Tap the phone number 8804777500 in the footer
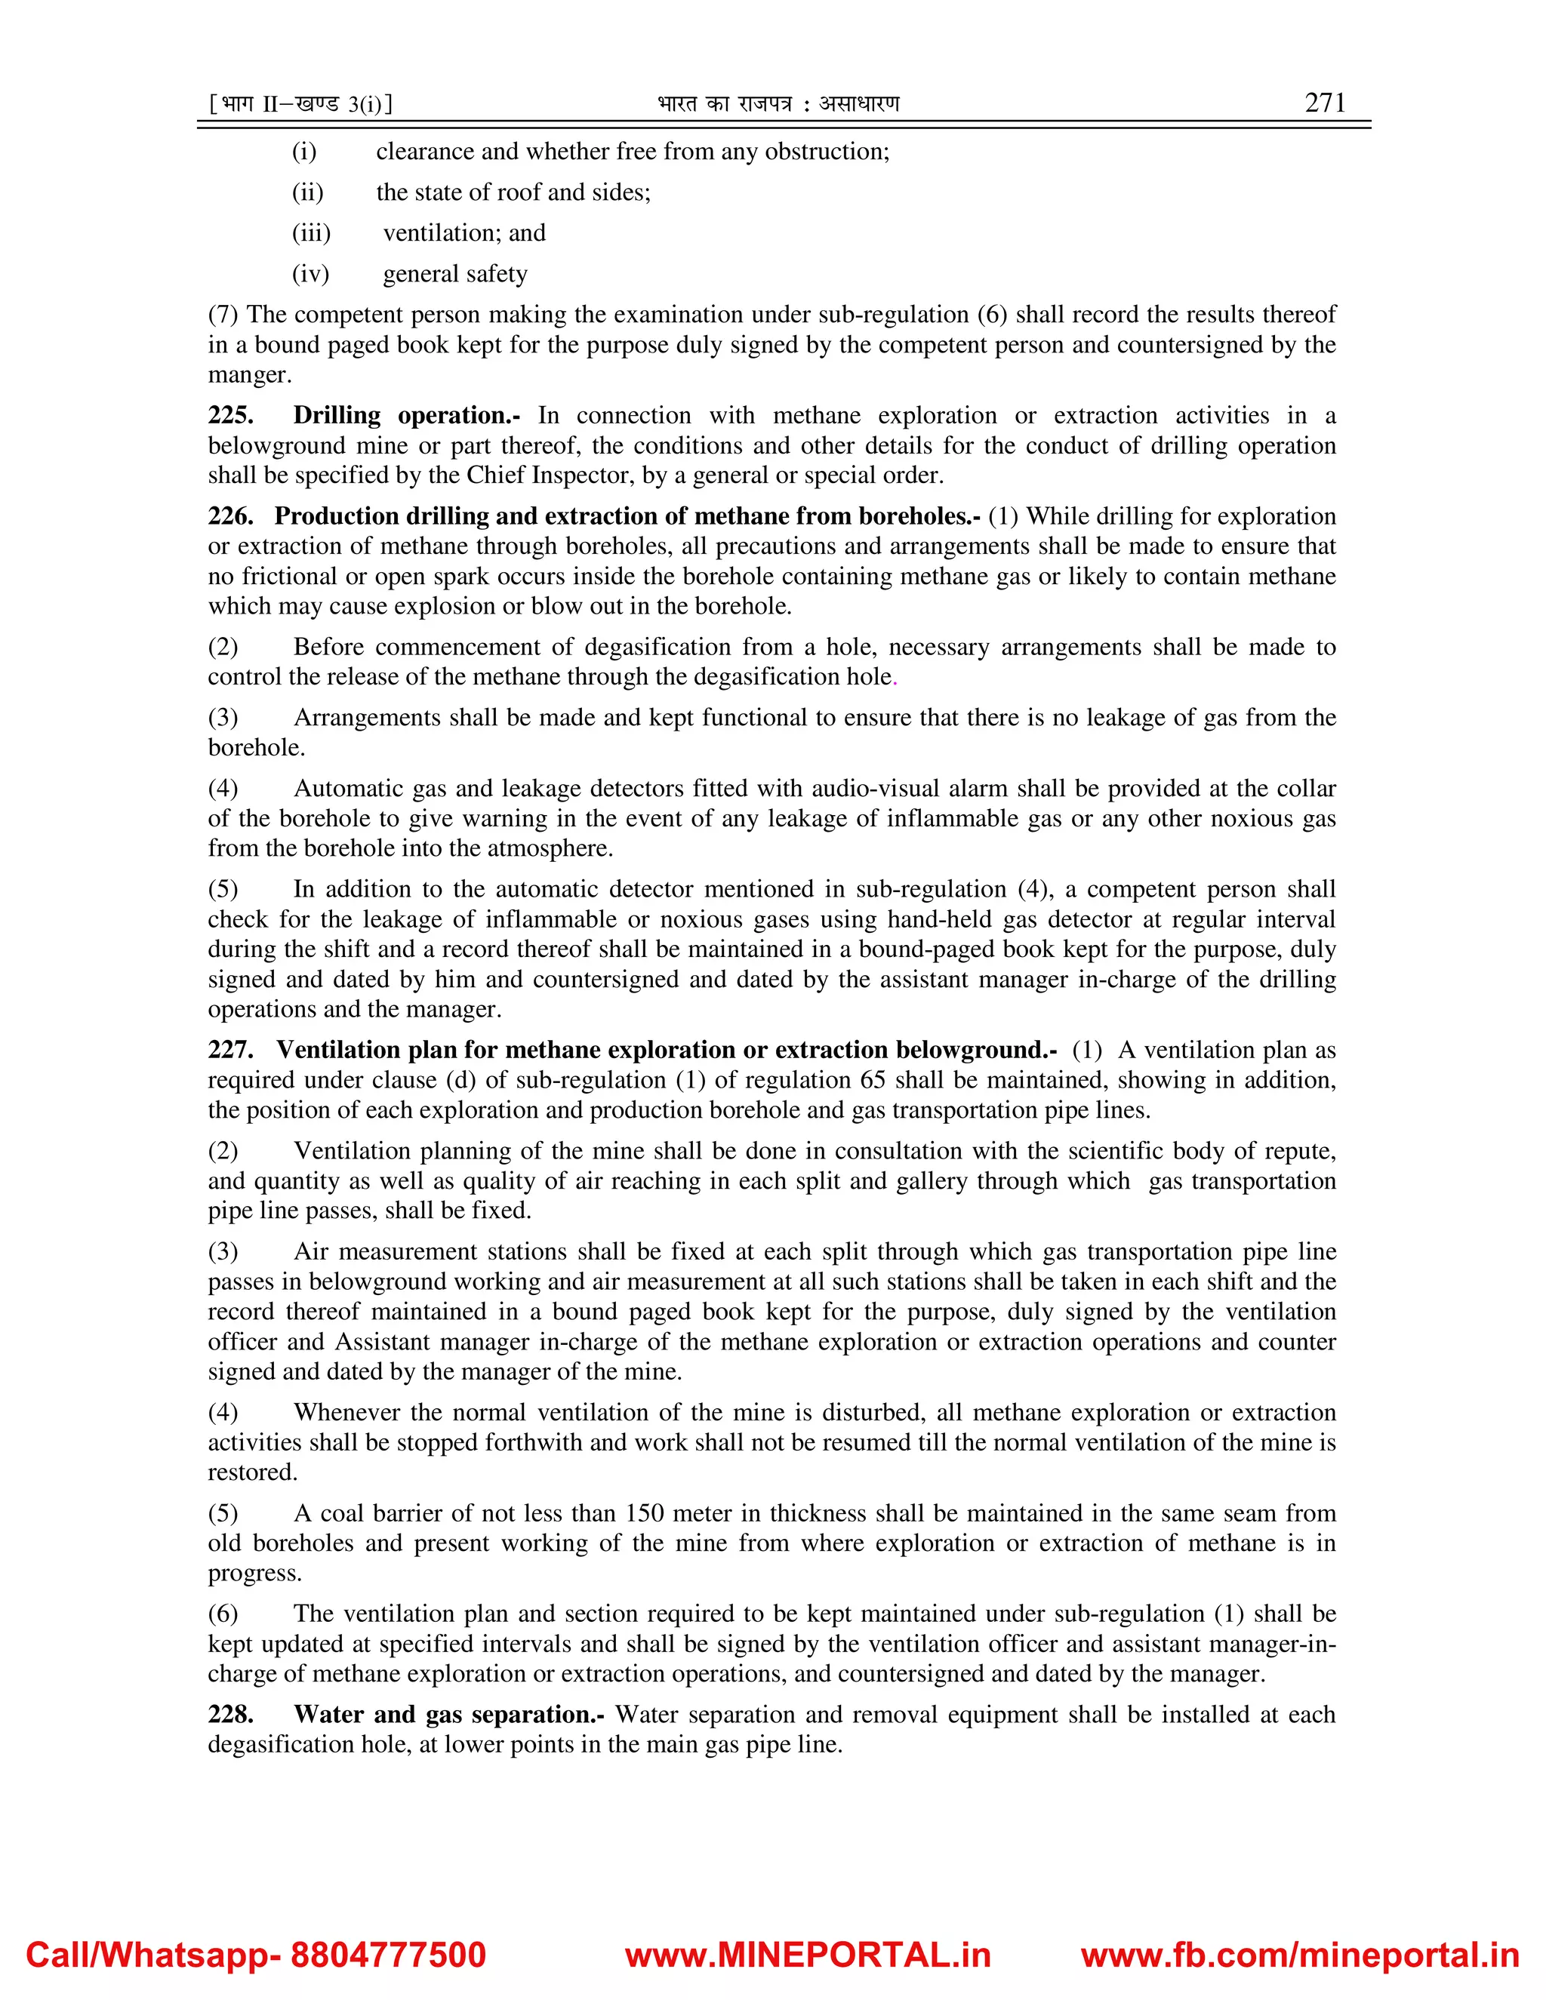coord(387,1955)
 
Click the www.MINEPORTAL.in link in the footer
coord(808,1955)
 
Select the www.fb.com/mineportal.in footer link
coord(1300,1955)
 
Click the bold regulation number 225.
coord(230,416)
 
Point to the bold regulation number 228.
coord(230,1714)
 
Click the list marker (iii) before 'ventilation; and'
coord(312,233)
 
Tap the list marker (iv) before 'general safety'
coord(310,275)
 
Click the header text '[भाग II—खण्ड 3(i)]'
coord(301,104)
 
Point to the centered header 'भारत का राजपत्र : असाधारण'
coord(778,104)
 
